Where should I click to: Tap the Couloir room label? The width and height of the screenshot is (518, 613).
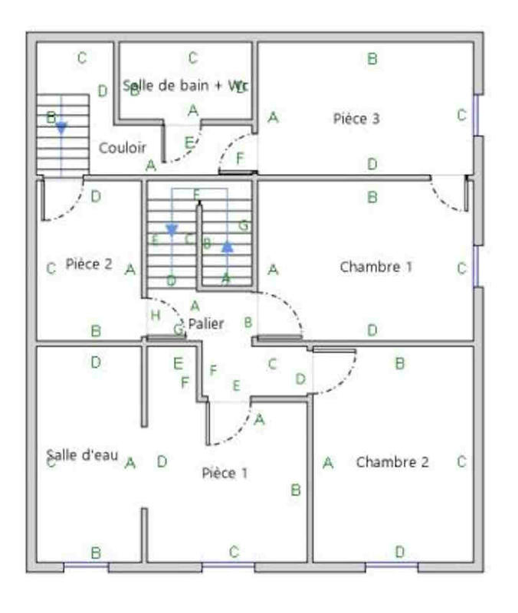(x=123, y=147)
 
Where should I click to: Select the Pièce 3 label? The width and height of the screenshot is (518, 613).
(x=356, y=118)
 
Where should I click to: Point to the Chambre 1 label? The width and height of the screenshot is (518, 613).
(x=375, y=267)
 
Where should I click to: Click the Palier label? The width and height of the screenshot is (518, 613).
(x=206, y=323)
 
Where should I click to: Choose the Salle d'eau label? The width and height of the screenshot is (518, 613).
(x=82, y=455)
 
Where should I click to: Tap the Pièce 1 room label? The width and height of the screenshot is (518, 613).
(x=225, y=473)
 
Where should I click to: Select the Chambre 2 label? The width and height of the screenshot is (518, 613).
(x=392, y=462)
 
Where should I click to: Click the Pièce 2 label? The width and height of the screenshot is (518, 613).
(x=89, y=264)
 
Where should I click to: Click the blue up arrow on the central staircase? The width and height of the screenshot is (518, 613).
(x=227, y=247)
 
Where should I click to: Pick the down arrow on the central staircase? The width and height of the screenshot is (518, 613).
(x=172, y=230)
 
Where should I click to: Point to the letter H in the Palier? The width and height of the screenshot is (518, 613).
(x=156, y=315)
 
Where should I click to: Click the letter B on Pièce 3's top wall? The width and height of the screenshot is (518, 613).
(x=372, y=58)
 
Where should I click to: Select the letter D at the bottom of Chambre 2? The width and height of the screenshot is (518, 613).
(x=399, y=552)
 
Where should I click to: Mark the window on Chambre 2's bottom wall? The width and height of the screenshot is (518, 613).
(x=391, y=567)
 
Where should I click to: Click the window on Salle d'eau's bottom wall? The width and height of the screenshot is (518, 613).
(x=85, y=567)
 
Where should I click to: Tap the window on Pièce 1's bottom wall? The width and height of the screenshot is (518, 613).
(x=228, y=567)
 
